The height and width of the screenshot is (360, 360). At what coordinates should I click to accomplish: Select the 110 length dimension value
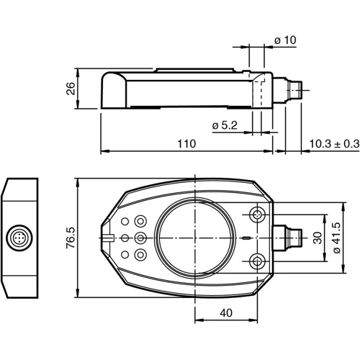[186, 144]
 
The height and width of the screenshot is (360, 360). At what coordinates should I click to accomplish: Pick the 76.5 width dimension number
[70, 238]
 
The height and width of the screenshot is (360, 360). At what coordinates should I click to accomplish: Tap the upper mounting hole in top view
[258, 215]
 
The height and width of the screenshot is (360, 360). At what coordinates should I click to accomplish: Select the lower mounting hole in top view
[258, 260]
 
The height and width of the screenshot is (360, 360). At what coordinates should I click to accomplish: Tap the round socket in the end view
[19, 238]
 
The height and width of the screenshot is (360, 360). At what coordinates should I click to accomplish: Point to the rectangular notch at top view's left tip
[107, 237]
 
